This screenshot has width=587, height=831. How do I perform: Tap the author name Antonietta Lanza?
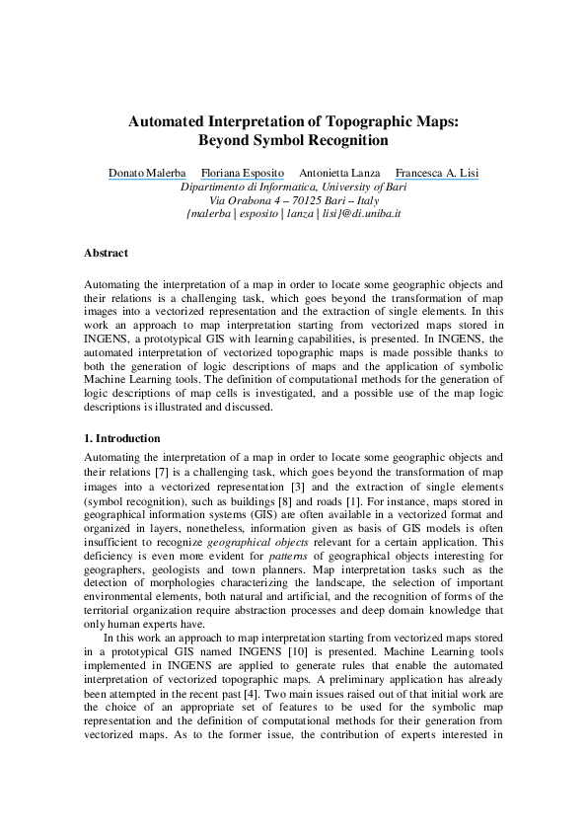tap(338, 173)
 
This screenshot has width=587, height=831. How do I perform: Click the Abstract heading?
tap(106, 254)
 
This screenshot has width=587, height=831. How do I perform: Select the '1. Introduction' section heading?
tap(122, 437)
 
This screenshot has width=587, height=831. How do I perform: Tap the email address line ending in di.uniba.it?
tap(292, 212)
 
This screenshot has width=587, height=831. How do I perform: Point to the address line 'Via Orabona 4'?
tap(293, 199)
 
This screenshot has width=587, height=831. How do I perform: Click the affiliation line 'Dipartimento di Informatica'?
tap(292, 187)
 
